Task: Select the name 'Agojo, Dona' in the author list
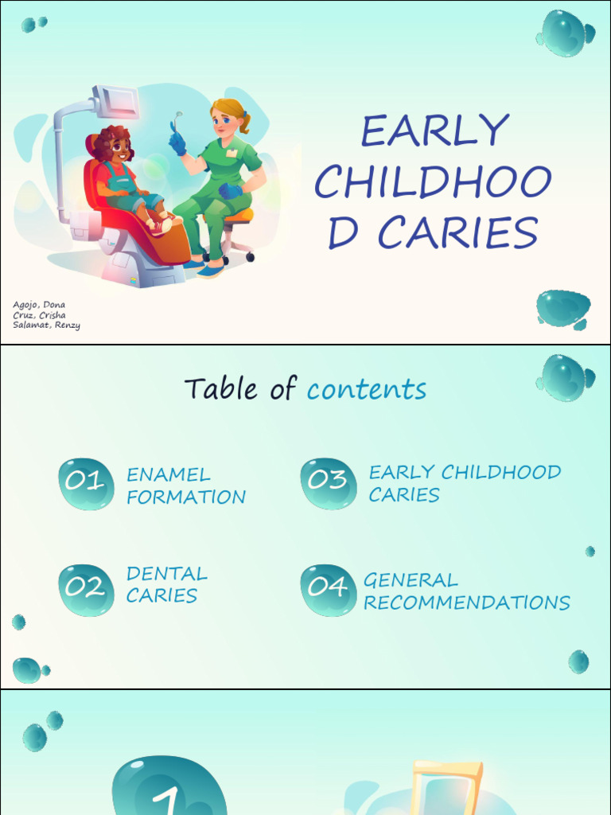pyautogui.click(x=39, y=305)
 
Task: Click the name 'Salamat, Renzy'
pyautogui.click(x=46, y=325)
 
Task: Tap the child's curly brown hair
pyautogui.click(x=111, y=141)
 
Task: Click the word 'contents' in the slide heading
pyautogui.click(x=367, y=389)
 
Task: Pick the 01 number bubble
pyautogui.click(x=86, y=482)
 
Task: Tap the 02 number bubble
pyautogui.click(x=86, y=589)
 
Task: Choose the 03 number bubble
pyautogui.click(x=328, y=482)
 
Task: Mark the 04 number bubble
pyautogui.click(x=328, y=589)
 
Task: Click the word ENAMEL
pyautogui.click(x=169, y=475)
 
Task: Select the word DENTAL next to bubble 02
pyautogui.click(x=166, y=574)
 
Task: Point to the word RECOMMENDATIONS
pyautogui.click(x=466, y=603)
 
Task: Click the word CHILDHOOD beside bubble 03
pyautogui.click(x=501, y=472)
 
